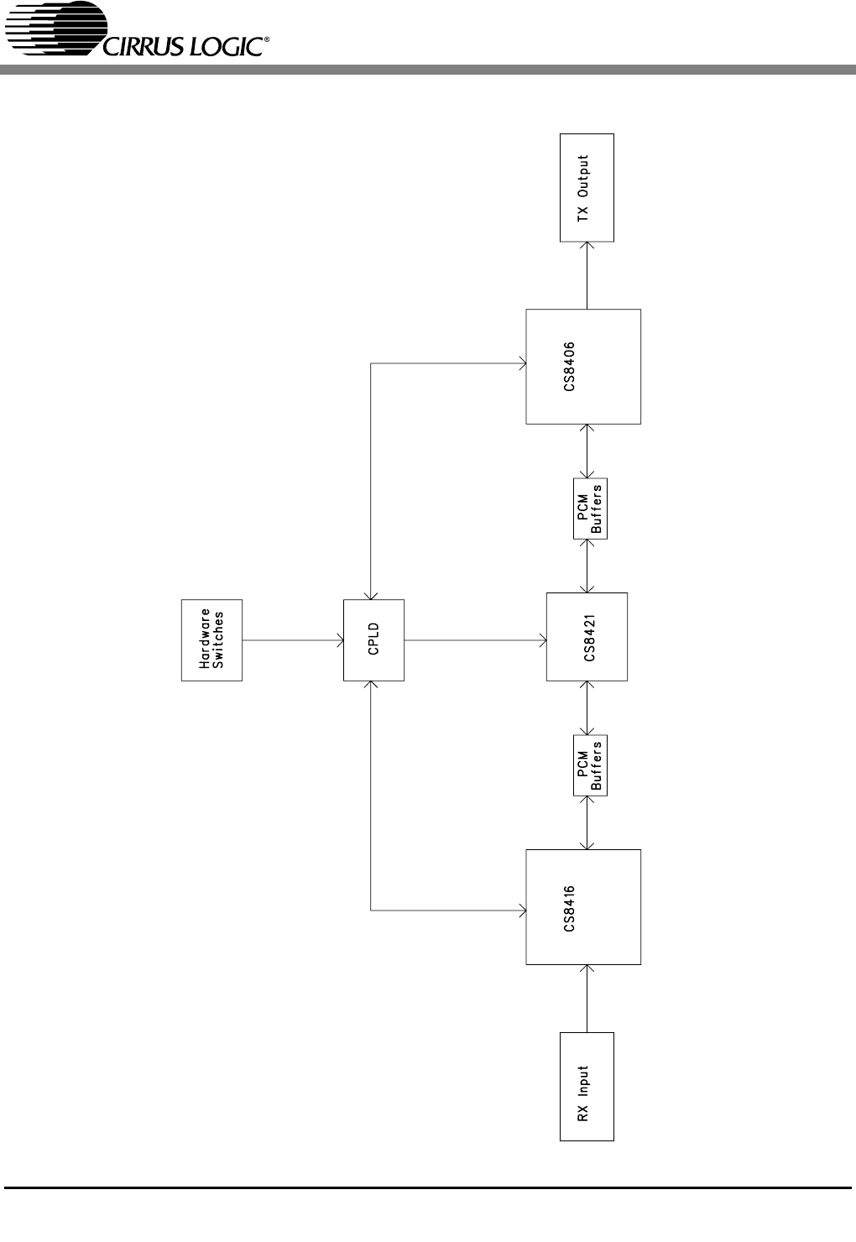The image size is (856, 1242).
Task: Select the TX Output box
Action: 587,188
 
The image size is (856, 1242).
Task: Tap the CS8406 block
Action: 583,367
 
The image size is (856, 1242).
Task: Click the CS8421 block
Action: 587,637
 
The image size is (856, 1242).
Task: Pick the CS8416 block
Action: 583,907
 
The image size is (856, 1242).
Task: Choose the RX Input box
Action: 587,1087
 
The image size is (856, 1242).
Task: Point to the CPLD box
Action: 374,639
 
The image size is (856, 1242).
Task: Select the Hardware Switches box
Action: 211,639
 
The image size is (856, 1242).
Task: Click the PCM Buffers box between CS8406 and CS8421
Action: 590,509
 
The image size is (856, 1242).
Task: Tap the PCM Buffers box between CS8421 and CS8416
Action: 590,765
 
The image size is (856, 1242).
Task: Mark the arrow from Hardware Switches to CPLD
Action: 293,640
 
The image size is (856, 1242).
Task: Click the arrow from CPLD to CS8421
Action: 475,640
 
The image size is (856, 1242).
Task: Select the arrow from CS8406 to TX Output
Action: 587,275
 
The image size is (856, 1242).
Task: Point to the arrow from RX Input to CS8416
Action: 587,999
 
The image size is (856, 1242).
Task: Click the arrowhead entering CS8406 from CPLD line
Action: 521,363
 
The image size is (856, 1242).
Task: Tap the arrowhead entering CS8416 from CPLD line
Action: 521,909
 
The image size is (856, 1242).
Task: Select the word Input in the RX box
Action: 583,1080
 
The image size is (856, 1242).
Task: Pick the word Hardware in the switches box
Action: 205,639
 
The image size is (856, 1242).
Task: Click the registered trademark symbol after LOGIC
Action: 268,39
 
